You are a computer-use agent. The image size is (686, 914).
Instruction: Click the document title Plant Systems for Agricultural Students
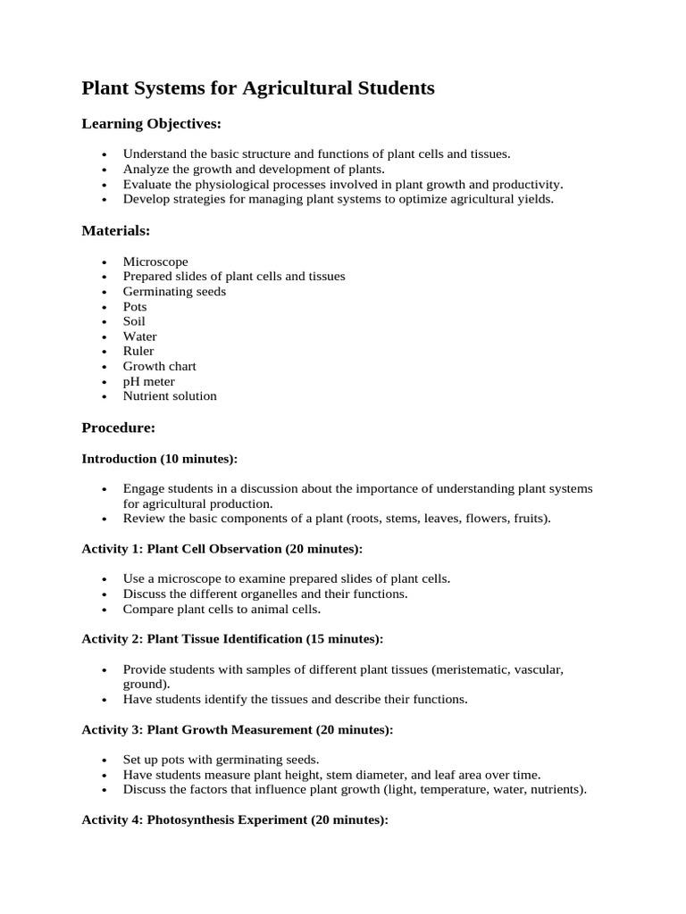click(258, 88)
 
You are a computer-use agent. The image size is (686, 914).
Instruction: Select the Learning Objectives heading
click(151, 123)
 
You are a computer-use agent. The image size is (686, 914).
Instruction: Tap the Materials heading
click(116, 230)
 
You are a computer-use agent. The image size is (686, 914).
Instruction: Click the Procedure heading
click(119, 428)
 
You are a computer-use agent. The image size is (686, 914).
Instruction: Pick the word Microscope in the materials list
click(155, 262)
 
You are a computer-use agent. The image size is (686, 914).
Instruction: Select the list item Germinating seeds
click(174, 291)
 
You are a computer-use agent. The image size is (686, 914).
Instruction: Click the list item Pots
click(135, 306)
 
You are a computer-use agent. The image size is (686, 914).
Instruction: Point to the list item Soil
click(134, 321)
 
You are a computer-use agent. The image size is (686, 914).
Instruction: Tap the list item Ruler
click(138, 351)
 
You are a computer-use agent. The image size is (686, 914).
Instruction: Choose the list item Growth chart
click(159, 366)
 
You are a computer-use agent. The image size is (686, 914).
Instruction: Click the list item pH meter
click(148, 381)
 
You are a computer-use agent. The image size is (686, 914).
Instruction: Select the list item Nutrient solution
click(170, 395)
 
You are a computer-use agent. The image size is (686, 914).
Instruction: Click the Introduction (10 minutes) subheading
click(160, 459)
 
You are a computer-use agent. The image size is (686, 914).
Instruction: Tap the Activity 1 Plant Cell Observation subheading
click(222, 548)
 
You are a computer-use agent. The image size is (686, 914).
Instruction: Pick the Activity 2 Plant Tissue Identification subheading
click(232, 639)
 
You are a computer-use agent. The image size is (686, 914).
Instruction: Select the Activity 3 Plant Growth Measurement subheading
click(237, 729)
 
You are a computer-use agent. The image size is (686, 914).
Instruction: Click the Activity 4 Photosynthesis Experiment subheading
click(235, 819)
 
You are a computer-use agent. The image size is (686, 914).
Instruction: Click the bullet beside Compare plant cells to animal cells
click(105, 610)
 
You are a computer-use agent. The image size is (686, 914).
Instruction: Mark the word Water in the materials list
click(139, 337)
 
